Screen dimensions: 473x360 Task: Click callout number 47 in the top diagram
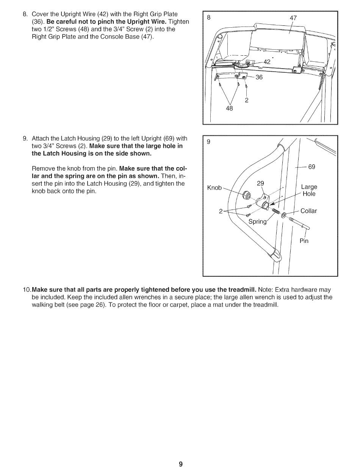pyautogui.click(x=293, y=18)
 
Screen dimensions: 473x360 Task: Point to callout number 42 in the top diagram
pyautogui.click(x=267, y=61)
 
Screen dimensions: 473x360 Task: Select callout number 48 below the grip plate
pyautogui.click(x=229, y=108)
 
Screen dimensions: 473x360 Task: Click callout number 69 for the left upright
pyautogui.click(x=311, y=167)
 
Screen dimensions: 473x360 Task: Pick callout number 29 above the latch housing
pyautogui.click(x=260, y=183)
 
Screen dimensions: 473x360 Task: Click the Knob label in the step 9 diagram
pyautogui.click(x=214, y=188)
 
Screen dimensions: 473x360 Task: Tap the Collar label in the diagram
pyautogui.click(x=308, y=211)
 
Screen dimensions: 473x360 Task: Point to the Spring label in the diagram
pyautogui.click(x=257, y=221)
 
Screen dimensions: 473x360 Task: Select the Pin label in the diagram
pyautogui.click(x=304, y=241)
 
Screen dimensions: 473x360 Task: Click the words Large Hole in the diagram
pyautogui.click(x=309, y=190)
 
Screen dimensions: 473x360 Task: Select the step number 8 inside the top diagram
pyautogui.click(x=208, y=17)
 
